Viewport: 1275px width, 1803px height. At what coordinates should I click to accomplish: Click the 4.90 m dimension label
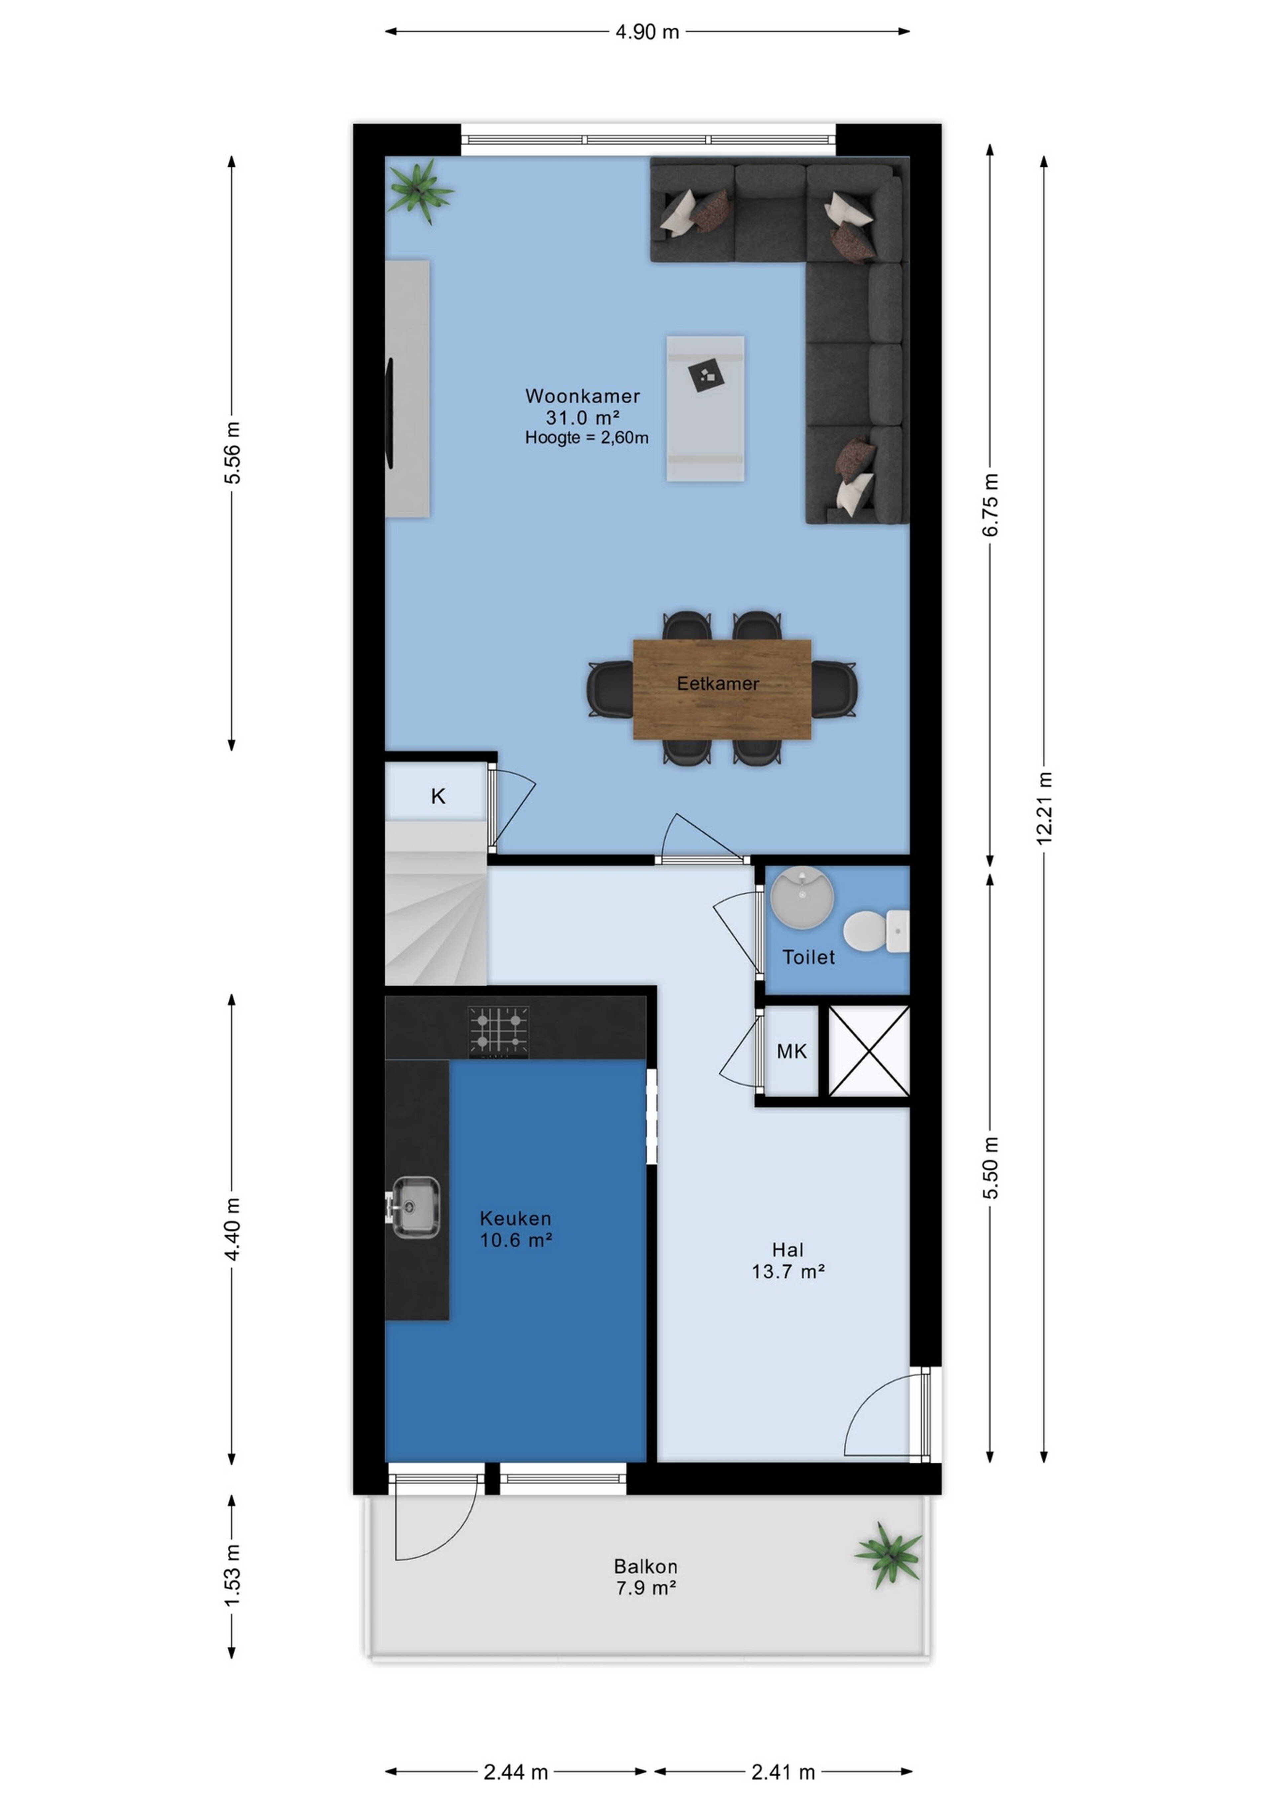click(647, 32)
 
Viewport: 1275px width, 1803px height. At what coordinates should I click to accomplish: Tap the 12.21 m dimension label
click(1044, 809)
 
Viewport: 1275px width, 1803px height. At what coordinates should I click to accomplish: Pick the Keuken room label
click(516, 1218)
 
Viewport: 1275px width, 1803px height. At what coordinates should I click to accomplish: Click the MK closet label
click(791, 1051)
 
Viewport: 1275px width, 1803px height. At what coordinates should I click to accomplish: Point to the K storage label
click(438, 796)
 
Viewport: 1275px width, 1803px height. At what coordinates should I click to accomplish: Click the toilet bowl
click(875, 931)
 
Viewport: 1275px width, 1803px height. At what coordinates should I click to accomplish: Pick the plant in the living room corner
click(421, 191)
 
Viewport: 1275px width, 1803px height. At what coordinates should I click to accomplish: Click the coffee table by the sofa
click(705, 408)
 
